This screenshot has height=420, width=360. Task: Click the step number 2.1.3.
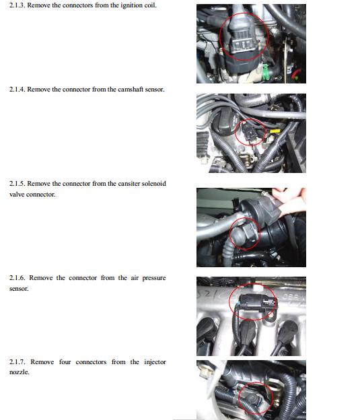[x=17, y=5]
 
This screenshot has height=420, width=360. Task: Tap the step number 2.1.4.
[x=17, y=90]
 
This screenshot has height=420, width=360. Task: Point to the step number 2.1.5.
[x=17, y=184]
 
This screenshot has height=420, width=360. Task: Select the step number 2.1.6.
[x=17, y=278]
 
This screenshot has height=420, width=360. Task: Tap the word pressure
[x=154, y=278]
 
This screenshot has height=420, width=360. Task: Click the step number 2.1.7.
[x=17, y=362]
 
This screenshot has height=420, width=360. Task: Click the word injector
[x=155, y=362]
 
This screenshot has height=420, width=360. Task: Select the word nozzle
[x=19, y=372]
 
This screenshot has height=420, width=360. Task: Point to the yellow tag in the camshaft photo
[x=275, y=131]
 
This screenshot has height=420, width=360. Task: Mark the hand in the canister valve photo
[x=291, y=199]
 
